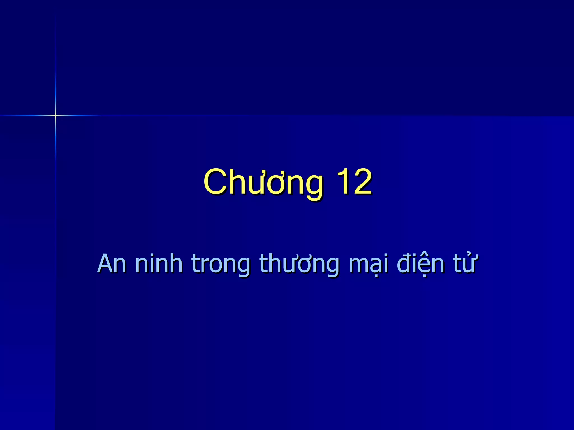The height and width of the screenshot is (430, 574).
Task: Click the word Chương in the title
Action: (263, 183)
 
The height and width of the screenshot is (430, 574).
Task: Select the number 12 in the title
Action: (354, 182)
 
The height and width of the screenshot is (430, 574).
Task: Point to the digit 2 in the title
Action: (362, 182)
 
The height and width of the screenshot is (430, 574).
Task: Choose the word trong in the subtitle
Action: (221, 265)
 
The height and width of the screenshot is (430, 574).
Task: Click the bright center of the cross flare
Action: (55, 115)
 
